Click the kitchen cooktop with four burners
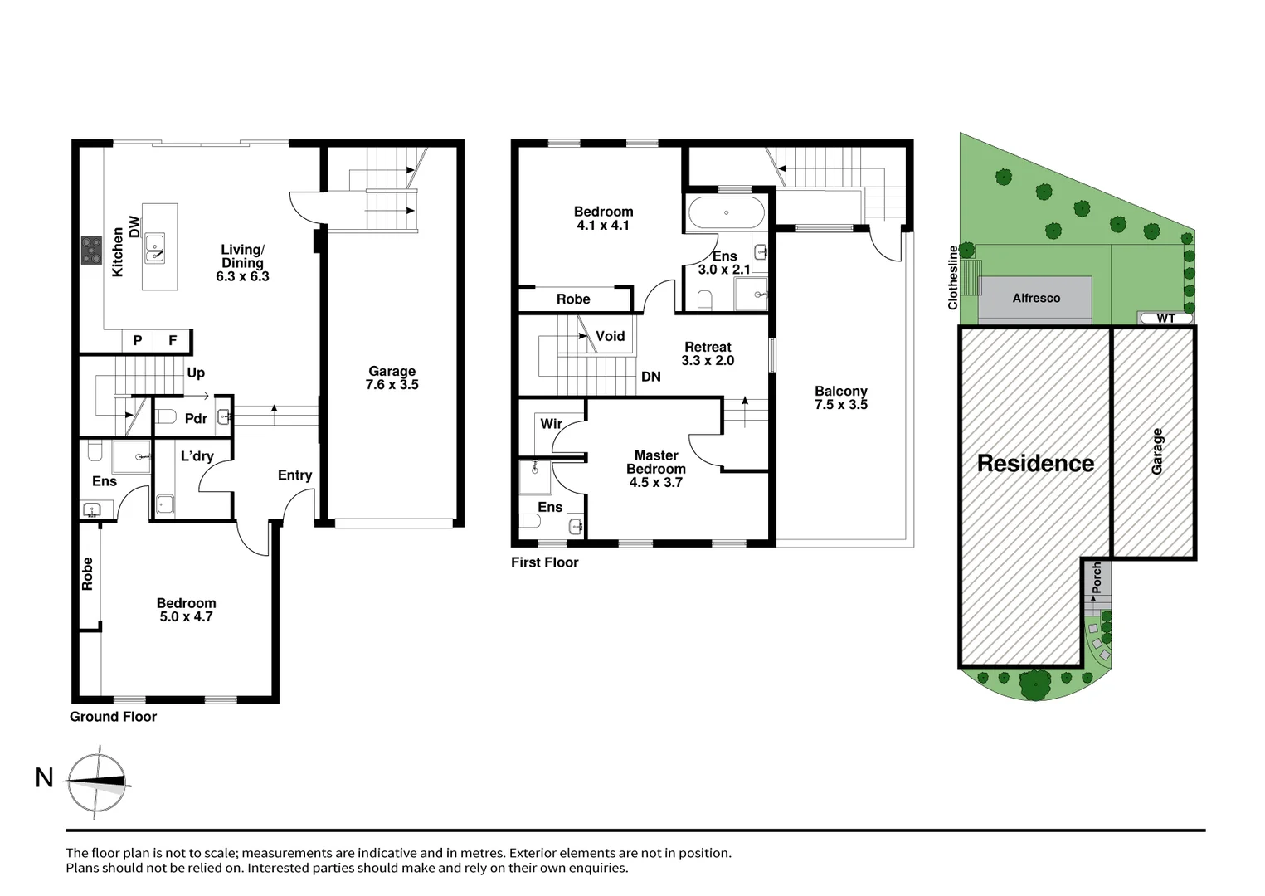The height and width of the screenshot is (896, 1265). tap(91, 251)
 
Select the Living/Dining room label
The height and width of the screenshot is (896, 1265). tap(242, 263)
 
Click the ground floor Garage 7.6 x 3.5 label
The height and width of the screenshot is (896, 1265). tap(392, 378)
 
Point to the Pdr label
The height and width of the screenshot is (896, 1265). tap(196, 419)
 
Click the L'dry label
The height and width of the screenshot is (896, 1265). tap(197, 456)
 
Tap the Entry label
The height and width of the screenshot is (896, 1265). tap(294, 475)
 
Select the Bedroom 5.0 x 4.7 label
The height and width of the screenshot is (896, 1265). tap(186, 610)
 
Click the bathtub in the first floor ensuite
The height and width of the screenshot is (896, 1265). tap(726, 213)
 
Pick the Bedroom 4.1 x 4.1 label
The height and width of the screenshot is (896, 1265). tap(603, 218)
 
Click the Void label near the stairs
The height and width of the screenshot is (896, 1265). tap(610, 336)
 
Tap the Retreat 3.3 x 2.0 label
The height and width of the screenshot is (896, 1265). tap(708, 353)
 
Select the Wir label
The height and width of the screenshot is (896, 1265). tap(552, 424)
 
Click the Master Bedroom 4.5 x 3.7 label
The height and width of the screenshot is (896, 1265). tap(655, 469)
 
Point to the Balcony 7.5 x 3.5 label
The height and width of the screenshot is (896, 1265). tap(840, 397)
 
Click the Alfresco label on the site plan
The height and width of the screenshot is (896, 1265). tap(1036, 298)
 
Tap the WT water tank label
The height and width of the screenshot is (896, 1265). tap(1165, 319)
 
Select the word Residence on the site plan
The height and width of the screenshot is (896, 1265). tap(1035, 464)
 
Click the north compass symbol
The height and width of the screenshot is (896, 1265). tap(97, 782)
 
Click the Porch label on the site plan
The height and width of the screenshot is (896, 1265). tap(1097, 577)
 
